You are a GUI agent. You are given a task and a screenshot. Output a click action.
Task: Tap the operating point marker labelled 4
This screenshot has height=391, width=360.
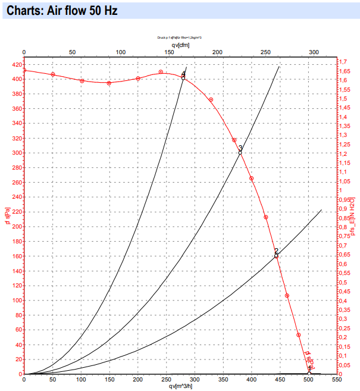pyautogui.click(x=183, y=78)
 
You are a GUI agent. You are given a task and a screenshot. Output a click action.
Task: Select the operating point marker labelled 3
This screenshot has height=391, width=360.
pyautogui.click(x=240, y=152)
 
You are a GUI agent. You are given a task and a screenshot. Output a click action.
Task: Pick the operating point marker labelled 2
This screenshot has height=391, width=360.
pyautogui.click(x=276, y=256)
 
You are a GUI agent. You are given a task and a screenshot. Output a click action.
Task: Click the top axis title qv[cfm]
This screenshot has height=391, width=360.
pyautogui.click(x=180, y=45)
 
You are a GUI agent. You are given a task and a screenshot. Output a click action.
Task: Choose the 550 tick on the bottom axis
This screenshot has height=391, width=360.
pyautogui.click(x=337, y=379)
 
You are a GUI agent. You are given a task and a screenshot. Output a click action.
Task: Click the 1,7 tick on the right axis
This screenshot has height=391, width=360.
pyautogui.click(x=343, y=62)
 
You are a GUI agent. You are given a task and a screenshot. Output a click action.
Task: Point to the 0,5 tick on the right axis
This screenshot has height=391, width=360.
pyautogui.click(x=343, y=282)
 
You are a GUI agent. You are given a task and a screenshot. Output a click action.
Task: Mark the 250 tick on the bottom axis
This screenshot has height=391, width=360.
pyautogui.click(x=166, y=379)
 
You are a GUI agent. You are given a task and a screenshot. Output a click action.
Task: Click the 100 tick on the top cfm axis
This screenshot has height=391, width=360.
pyautogui.click(x=121, y=52)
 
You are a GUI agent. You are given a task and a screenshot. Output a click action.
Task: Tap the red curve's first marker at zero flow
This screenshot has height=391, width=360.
pyautogui.click(x=24, y=70)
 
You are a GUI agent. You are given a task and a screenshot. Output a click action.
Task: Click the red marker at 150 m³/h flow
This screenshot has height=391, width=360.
pyautogui.click(x=109, y=83)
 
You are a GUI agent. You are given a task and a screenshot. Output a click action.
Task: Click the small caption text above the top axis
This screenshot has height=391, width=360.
pyautogui.click(x=180, y=37)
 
